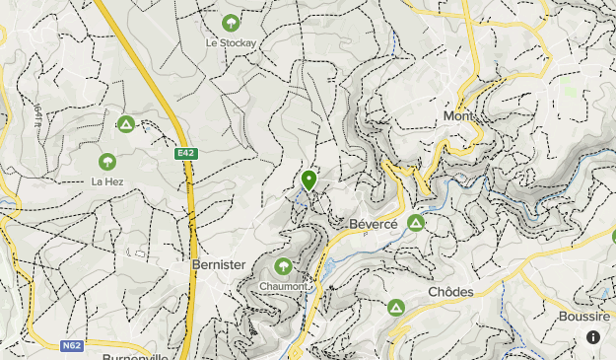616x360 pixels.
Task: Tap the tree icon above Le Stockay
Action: point(231,22)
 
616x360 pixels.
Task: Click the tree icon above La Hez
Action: point(106,161)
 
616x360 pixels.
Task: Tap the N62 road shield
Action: point(70,345)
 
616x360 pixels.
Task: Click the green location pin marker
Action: point(309,180)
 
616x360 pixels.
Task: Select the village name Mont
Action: point(458,116)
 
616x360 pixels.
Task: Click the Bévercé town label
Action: point(374,225)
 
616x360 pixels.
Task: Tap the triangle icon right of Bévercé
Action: point(416,224)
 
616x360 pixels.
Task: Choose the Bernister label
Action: point(218,265)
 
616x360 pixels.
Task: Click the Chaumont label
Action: point(283,287)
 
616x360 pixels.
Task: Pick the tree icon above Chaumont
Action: point(284,266)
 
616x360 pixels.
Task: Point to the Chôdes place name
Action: point(450,292)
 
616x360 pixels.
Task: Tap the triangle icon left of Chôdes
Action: point(396,308)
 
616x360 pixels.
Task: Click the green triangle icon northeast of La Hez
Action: point(125,123)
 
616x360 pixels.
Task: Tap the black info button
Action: point(593,337)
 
